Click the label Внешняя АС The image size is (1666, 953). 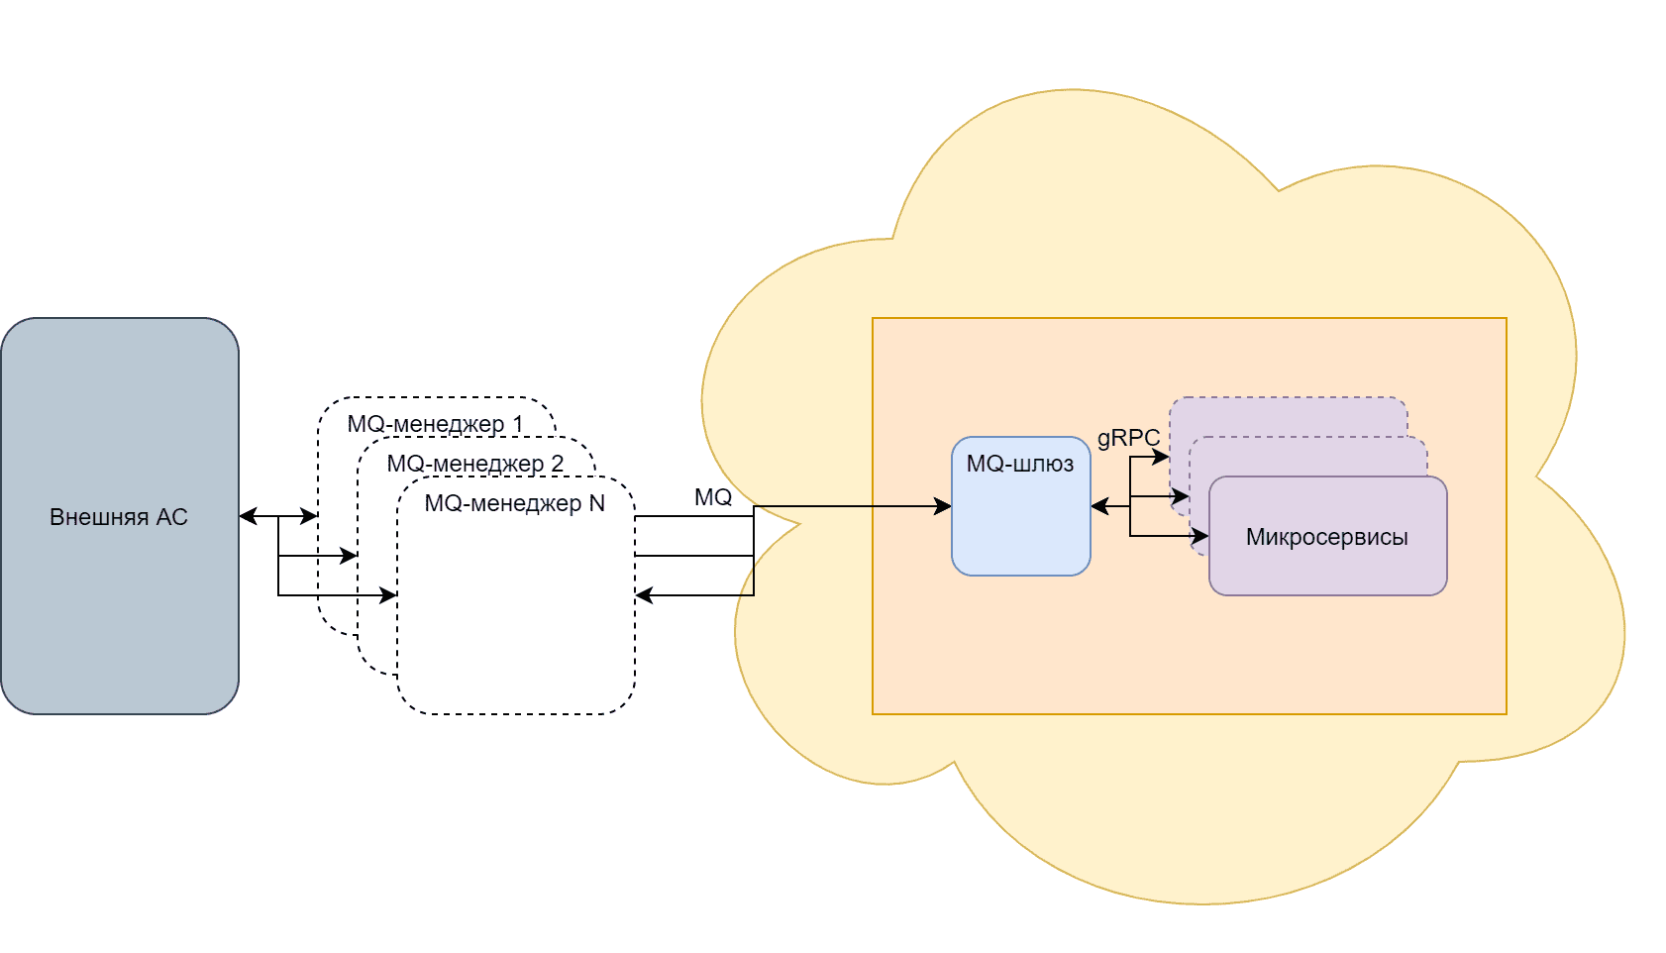click(119, 517)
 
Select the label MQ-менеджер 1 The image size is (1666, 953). click(435, 424)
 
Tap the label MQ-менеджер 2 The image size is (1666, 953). click(474, 464)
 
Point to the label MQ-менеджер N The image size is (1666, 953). click(514, 503)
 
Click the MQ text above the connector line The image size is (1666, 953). click(713, 497)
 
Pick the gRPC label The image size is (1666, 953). click(1128, 438)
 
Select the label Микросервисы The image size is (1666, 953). click(1326, 537)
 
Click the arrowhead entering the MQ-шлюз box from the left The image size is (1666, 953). click(943, 506)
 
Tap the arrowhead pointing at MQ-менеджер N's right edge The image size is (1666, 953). click(644, 595)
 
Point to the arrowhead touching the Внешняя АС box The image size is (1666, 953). click(248, 516)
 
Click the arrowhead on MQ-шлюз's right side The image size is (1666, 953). click(1099, 506)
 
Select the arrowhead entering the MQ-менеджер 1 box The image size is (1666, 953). click(310, 516)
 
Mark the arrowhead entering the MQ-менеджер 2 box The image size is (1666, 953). click(349, 556)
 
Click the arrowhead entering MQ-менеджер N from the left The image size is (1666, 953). click(388, 595)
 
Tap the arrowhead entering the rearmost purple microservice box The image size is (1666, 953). click(1161, 457)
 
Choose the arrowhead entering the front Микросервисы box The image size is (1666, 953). click(1200, 536)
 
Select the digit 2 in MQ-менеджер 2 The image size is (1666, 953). click(558, 464)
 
